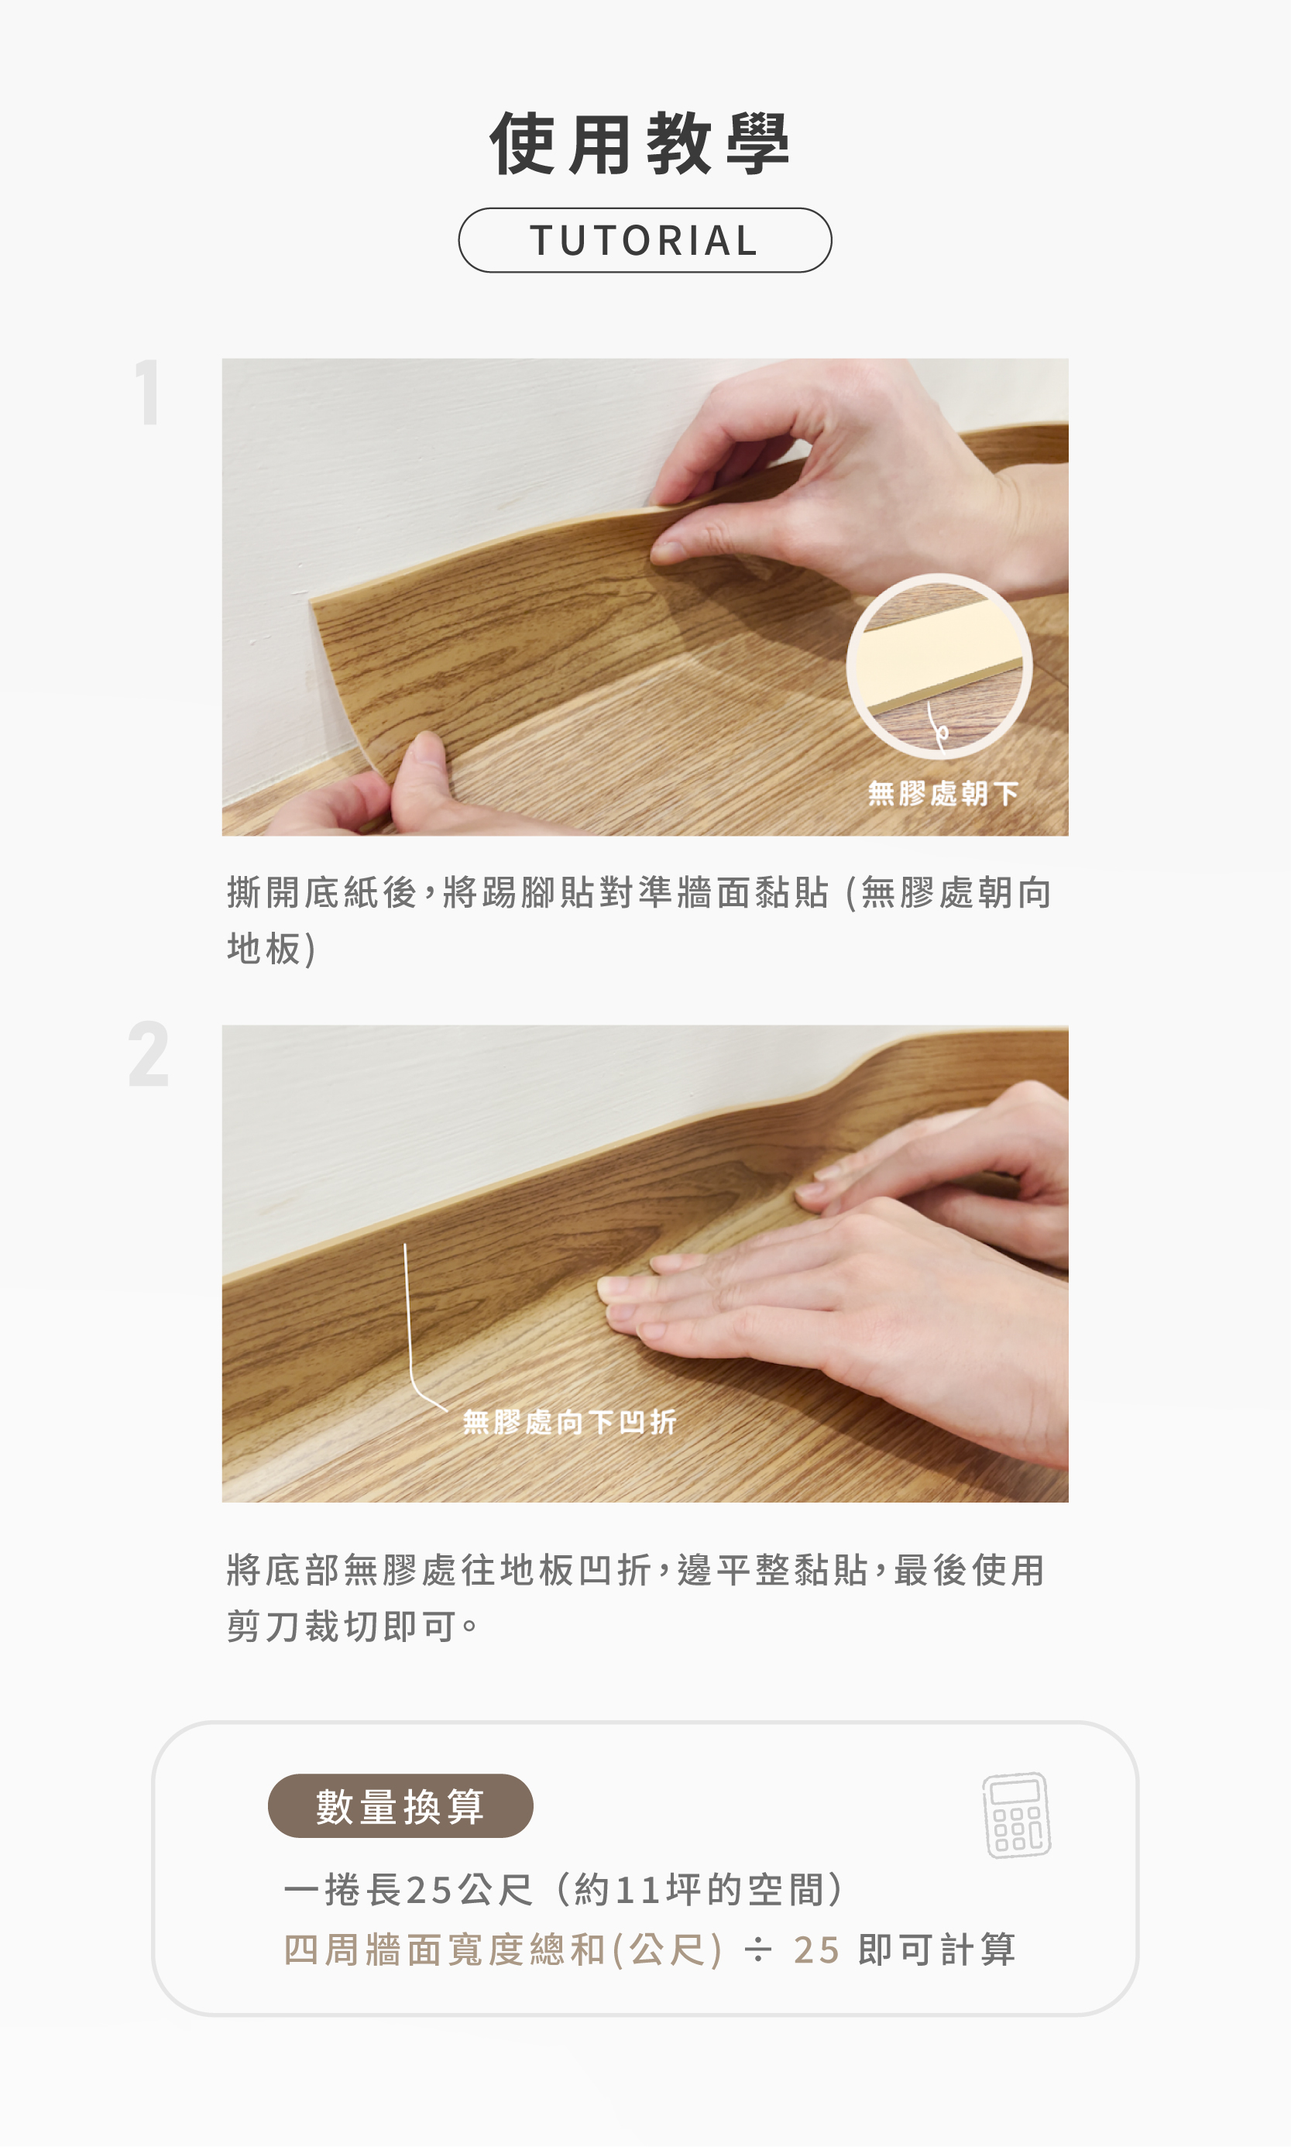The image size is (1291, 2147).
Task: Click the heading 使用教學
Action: (x=640, y=143)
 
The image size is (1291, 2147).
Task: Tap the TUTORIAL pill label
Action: (x=644, y=240)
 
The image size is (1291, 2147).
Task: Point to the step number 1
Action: (x=149, y=393)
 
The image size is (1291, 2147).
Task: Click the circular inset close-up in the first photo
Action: (x=939, y=665)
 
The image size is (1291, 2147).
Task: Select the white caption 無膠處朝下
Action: (x=943, y=793)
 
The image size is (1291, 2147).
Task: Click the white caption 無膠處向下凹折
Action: (x=569, y=1422)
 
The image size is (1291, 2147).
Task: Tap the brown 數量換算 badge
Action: (x=400, y=1806)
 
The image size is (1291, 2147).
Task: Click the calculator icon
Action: (x=1017, y=1815)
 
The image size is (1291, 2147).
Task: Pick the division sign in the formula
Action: (x=757, y=1950)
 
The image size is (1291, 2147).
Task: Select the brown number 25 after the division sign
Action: (x=816, y=1950)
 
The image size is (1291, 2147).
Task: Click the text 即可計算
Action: (x=937, y=1949)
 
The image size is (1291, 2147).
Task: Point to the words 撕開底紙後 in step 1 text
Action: (x=322, y=892)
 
